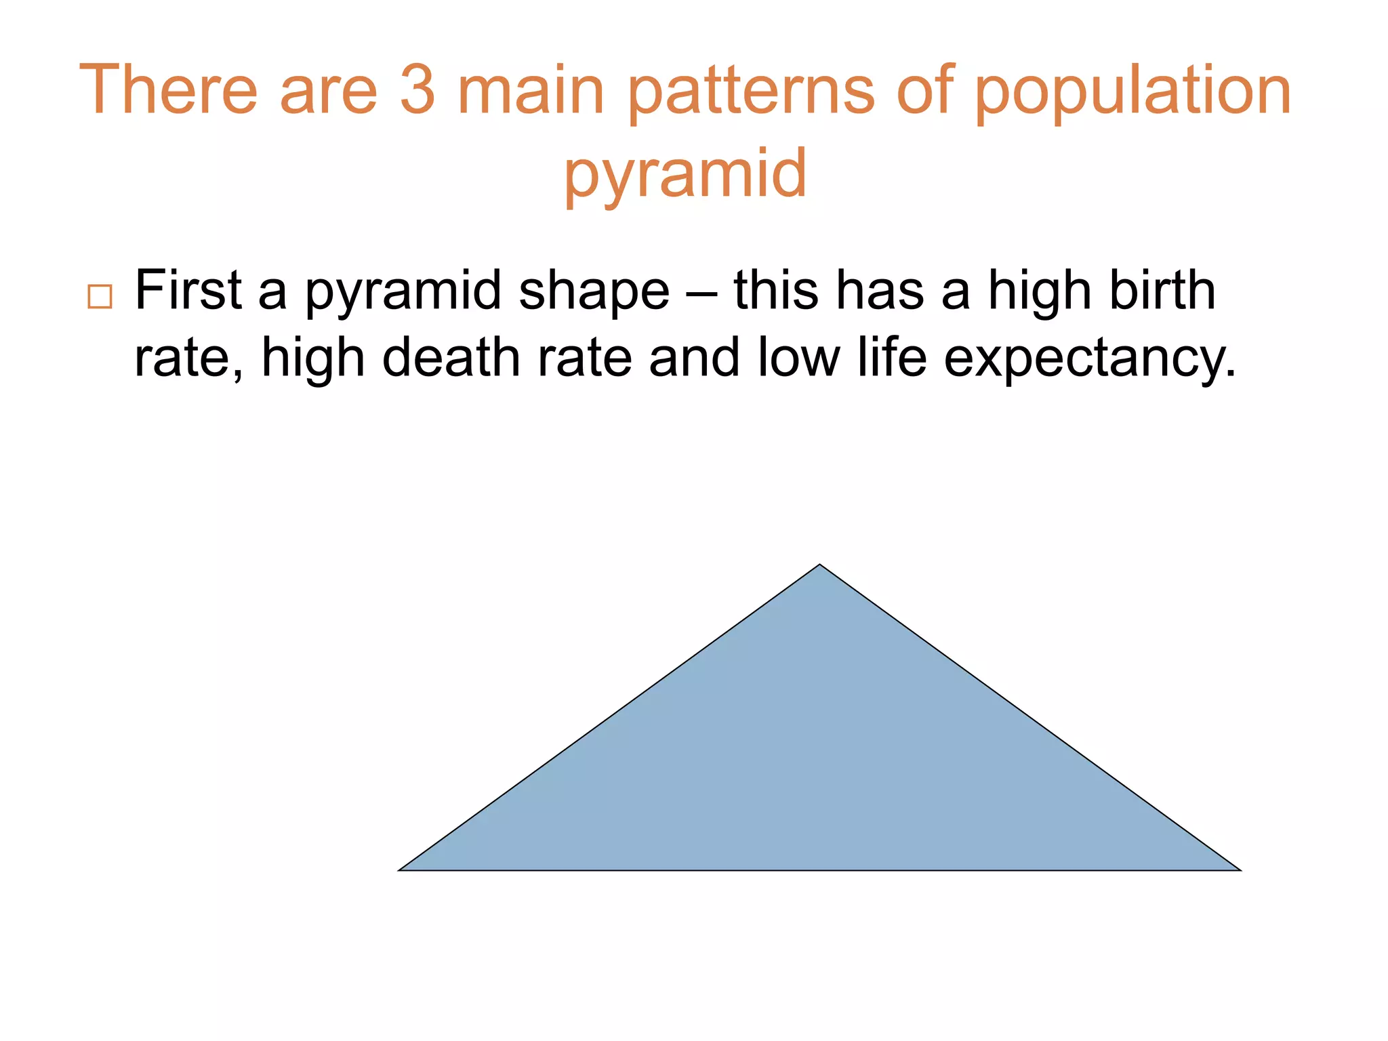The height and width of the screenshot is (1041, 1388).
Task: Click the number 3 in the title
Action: (417, 90)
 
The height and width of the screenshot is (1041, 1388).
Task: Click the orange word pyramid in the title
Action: (685, 175)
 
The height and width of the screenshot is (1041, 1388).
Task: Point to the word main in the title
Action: (531, 90)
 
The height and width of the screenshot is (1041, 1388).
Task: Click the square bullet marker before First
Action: (100, 297)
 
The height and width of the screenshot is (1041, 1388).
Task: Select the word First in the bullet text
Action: (188, 290)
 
